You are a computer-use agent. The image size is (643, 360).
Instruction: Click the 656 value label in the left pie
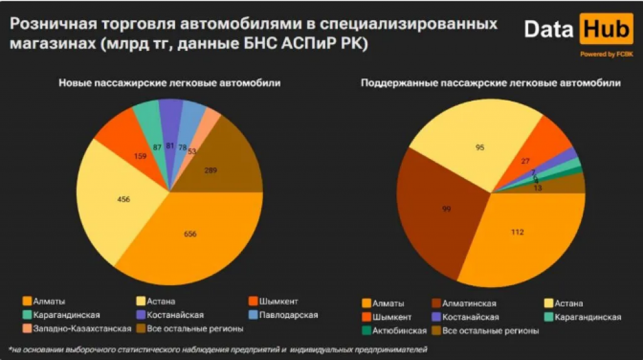click(x=190, y=234)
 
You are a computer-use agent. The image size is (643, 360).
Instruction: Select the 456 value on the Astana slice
click(x=124, y=200)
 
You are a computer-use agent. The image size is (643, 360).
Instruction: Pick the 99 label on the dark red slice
click(x=447, y=208)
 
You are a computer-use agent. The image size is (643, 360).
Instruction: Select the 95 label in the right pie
click(x=480, y=148)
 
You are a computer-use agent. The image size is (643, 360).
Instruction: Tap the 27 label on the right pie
click(x=526, y=161)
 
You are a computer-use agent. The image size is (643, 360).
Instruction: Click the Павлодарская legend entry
click(x=283, y=314)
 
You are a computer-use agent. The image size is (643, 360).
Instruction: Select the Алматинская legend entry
click(x=468, y=303)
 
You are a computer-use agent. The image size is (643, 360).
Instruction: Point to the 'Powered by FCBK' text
click(x=606, y=55)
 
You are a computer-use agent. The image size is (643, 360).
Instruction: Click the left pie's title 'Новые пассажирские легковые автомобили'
click(x=170, y=83)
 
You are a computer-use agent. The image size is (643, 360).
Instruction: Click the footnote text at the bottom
click(x=220, y=348)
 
